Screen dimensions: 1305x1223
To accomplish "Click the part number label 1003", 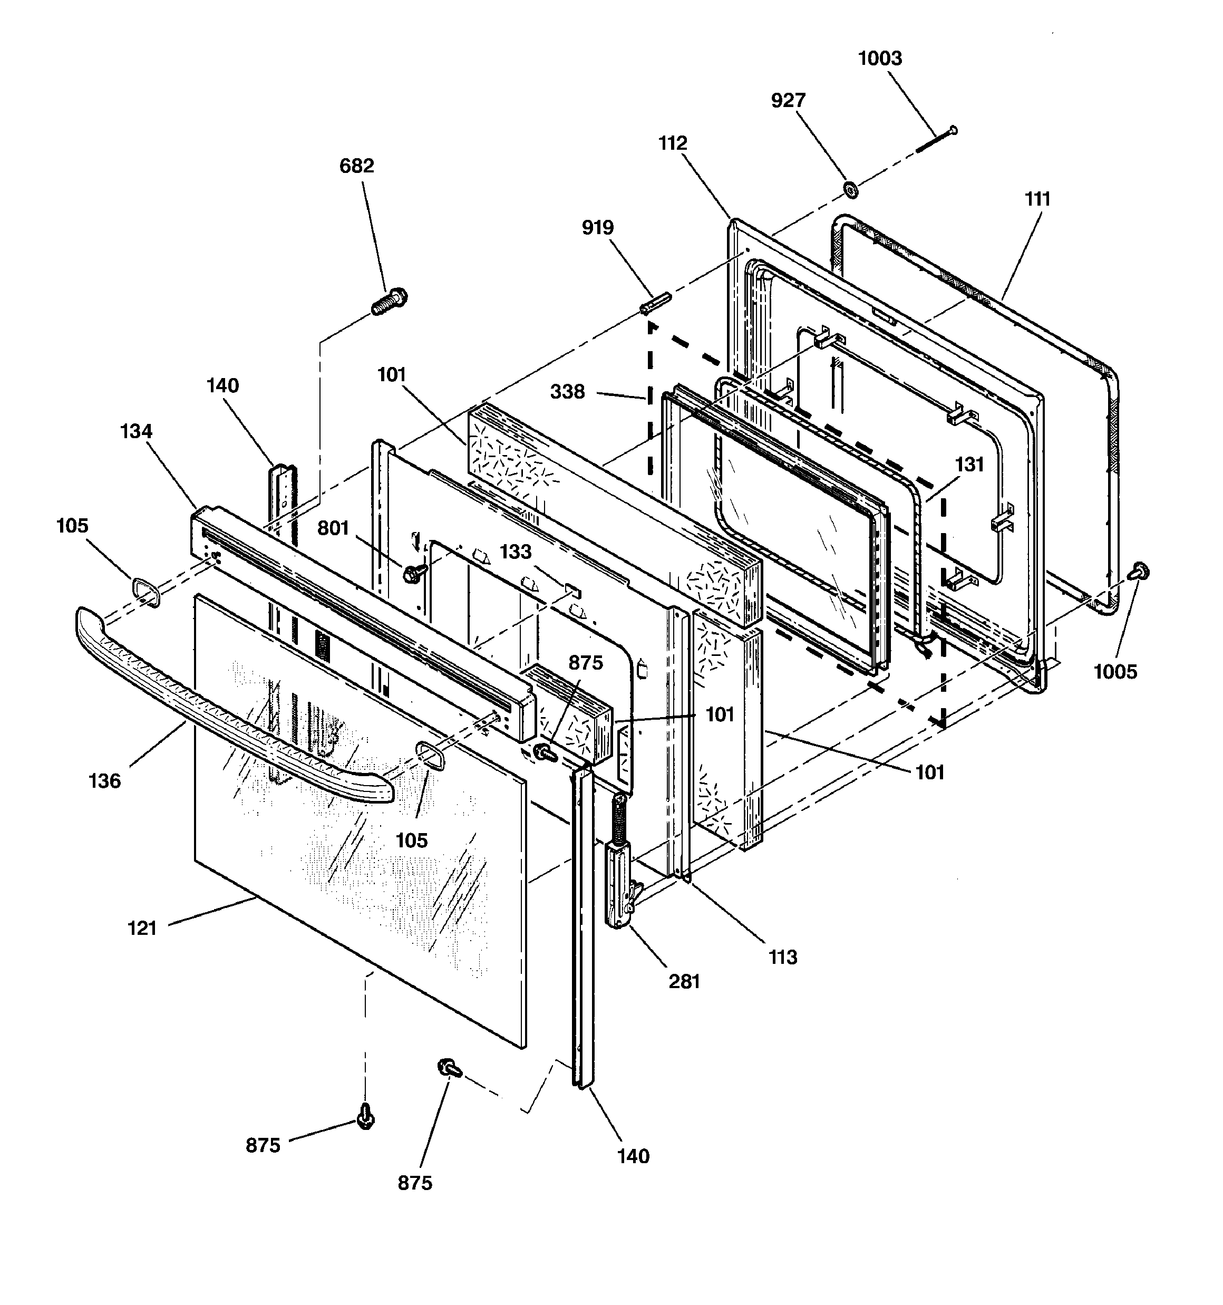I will (880, 59).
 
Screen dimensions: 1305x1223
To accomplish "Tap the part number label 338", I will (567, 392).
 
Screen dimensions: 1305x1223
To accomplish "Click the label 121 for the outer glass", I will (142, 928).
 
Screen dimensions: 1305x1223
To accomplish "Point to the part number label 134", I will (136, 431).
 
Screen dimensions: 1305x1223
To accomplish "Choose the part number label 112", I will (673, 143).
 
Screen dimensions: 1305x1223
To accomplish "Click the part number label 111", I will (1037, 199).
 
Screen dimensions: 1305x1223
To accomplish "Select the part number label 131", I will (969, 465).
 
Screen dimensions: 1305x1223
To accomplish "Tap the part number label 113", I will (782, 957).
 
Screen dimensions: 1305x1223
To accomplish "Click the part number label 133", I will (516, 552).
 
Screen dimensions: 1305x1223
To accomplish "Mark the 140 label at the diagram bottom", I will (633, 1156).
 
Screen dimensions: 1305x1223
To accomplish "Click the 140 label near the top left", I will (222, 385).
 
